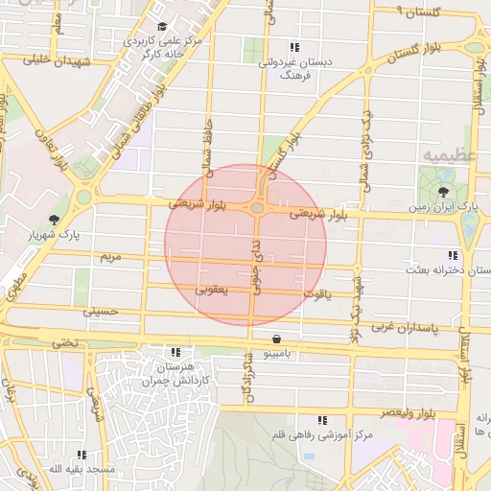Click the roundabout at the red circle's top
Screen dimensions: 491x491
[x=257, y=207]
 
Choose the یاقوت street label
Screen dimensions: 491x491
[x=317, y=293]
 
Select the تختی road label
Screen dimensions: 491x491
[x=63, y=340]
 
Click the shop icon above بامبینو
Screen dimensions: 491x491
[x=277, y=339]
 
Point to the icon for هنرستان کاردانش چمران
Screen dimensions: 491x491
[x=175, y=352]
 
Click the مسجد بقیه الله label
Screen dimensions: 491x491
[x=82, y=469]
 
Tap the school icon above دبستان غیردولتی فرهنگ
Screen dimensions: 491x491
[x=294, y=46]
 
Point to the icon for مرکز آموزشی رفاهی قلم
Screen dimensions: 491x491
[x=322, y=419]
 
